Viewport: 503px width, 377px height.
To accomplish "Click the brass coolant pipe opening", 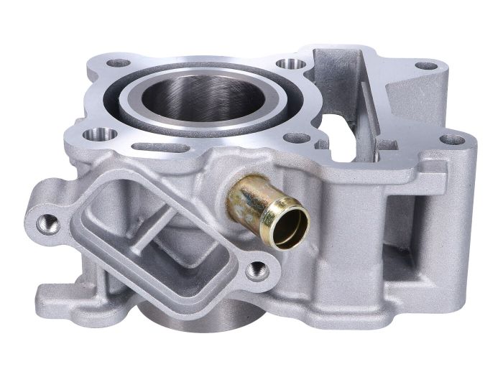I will pos(290,224).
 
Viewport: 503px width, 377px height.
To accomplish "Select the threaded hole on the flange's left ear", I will pos(49,223).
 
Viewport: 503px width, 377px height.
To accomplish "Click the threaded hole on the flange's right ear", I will pos(257,271).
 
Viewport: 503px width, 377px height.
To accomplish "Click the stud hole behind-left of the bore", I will pos(116,62).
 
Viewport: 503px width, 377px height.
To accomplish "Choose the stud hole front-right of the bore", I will pos(297,137).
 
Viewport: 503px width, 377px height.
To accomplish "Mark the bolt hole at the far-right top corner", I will pos(453,139).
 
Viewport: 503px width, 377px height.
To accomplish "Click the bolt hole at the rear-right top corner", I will pos(427,65).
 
